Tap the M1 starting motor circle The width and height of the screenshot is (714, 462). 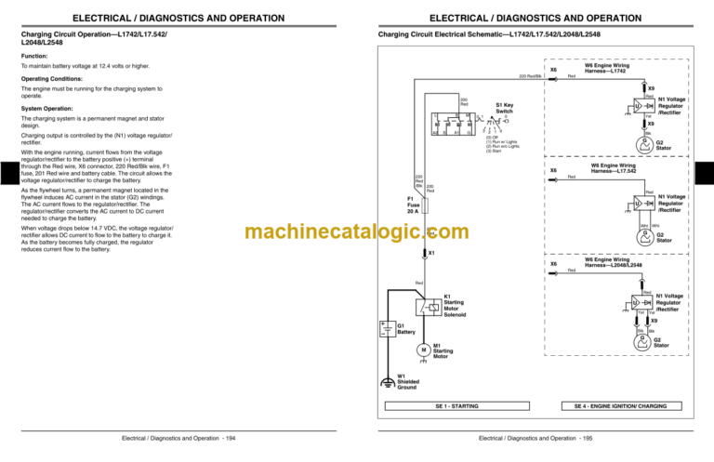[x=423, y=350]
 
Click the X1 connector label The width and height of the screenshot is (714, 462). [x=430, y=253]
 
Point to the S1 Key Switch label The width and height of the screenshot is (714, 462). [x=504, y=108]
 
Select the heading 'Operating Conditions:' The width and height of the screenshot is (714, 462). [x=54, y=78]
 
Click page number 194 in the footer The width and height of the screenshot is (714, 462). [x=230, y=438]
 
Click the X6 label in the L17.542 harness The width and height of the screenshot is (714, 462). [x=554, y=170]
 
